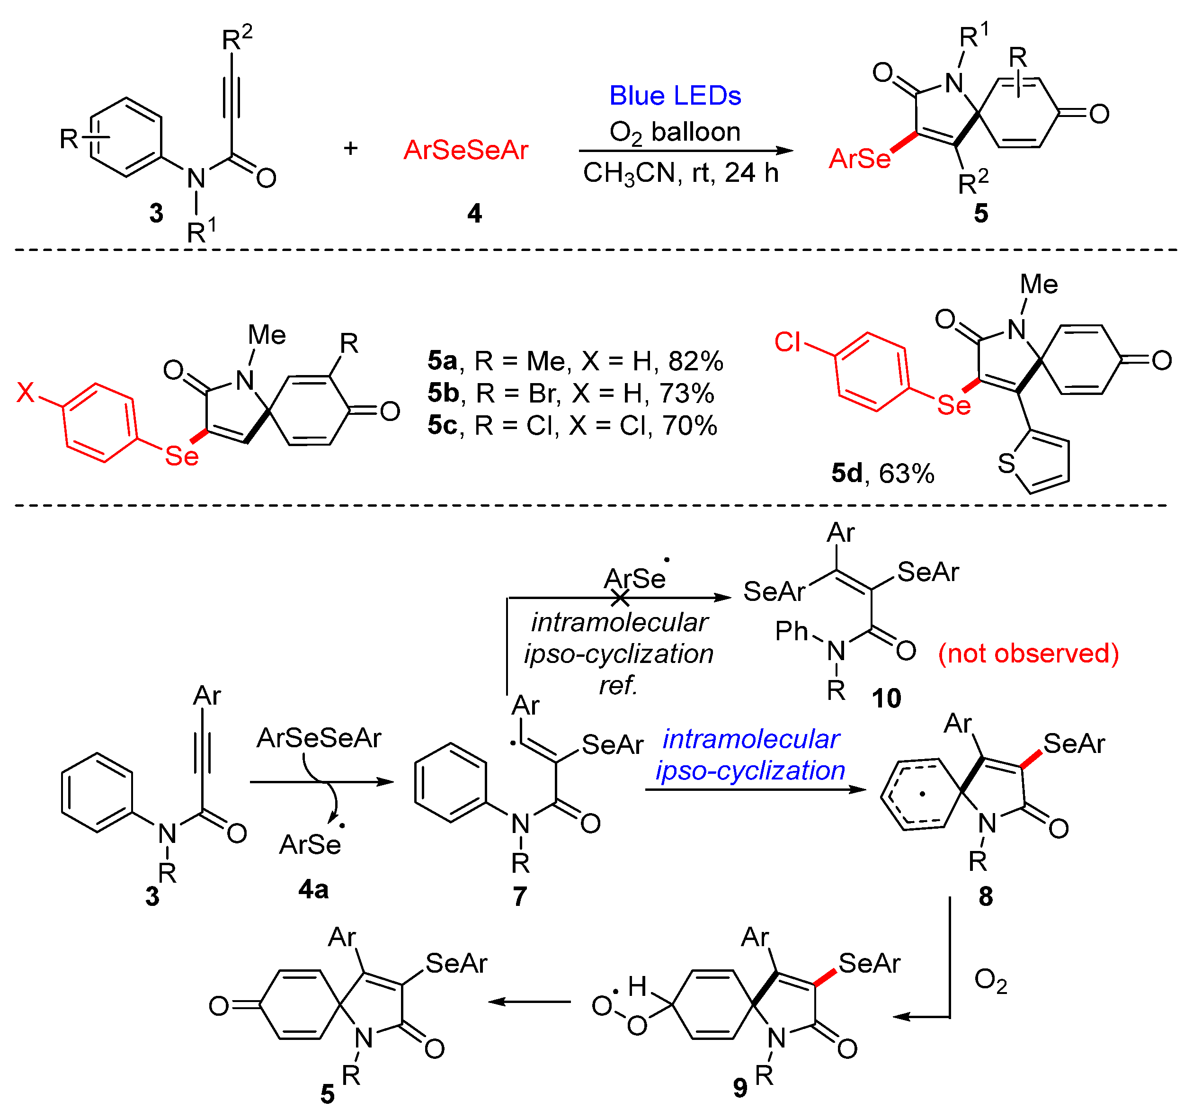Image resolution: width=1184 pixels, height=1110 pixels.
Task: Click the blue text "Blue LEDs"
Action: pyautogui.click(x=675, y=96)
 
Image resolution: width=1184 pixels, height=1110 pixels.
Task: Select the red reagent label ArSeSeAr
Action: pyautogui.click(x=466, y=150)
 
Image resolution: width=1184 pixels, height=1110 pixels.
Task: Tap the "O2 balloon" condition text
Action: pyautogui.click(x=675, y=132)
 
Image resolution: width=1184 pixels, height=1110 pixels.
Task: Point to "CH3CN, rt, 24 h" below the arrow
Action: pyautogui.click(x=680, y=173)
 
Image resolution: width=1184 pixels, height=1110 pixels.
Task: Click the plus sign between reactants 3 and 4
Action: pyautogui.click(x=350, y=148)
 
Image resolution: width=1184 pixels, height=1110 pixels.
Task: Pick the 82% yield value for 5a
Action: pyautogui.click(x=695, y=361)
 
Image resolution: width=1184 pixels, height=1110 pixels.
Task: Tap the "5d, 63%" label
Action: pyautogui.click(x=882, y=474)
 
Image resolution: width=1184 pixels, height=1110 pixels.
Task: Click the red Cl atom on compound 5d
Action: pyautogui.click(x=787, y=342)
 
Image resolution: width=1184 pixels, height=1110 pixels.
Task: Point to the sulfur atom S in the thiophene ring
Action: pyautogui.click(x=1006, y=463)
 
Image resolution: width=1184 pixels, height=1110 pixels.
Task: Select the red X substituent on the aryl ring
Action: pyautogui.click(x=26, y=393)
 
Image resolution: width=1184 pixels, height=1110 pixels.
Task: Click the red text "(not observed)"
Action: pyautogui.click(x=1029, y=653)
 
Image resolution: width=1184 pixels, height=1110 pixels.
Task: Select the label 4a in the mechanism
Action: pyautogui.click(x=313, y=889)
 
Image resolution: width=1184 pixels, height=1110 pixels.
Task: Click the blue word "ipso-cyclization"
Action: pyautogui.click(x=750, y=770)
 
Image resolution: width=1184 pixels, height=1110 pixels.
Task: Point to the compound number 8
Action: pyautogui.click(x=986, y=896)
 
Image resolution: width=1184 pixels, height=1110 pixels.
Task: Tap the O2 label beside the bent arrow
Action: pyautogui.click(x=990, y=981)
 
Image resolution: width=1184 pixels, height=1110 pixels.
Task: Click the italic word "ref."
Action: pyautogui.click(x=618, y=685)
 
